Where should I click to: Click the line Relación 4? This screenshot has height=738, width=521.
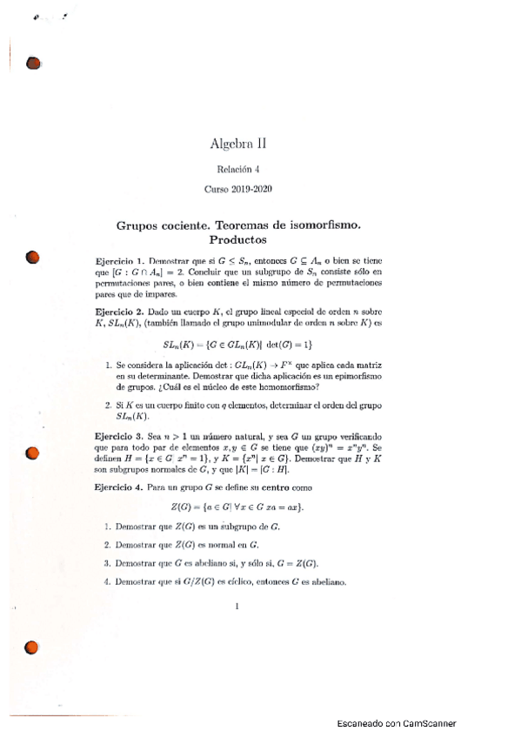point(238,170)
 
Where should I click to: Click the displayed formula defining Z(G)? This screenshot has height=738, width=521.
point(237,507)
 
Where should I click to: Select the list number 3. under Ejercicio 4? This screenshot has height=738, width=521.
point(106,563)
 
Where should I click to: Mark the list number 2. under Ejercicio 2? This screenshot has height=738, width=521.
point(106,405)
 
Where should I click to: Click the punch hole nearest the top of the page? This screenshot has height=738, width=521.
point(34,64)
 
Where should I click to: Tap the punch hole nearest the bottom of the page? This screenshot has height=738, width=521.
point(32,647)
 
